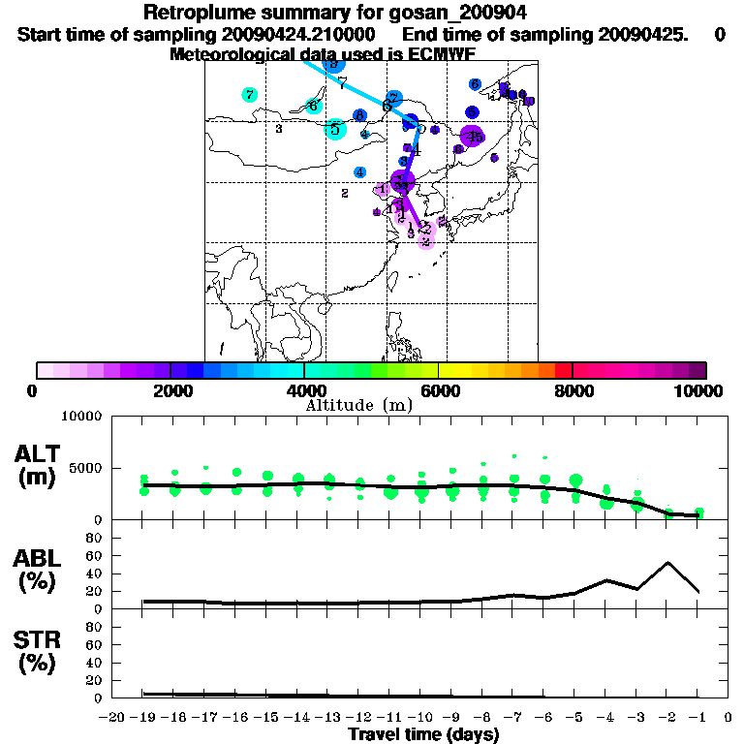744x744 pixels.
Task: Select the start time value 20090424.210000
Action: pos(300,34)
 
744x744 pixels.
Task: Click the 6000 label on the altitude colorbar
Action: pos(439,391)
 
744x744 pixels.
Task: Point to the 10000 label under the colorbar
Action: pos(700,391)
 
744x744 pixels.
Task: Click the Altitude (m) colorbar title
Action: pos(359,404)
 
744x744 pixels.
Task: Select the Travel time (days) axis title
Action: pos(423,734)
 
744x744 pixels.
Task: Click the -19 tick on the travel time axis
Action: pos(144,717)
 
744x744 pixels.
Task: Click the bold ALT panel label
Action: pos(38,454)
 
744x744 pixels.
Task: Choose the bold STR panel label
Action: pos(38,640)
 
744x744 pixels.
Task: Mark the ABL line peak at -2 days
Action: pos(667,562)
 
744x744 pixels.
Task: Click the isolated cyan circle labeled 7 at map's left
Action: pos(250,95)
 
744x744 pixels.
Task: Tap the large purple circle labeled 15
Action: pos(472,137)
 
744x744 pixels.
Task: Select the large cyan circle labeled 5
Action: pos(335,129)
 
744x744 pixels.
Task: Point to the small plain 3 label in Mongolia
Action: pos(278,129)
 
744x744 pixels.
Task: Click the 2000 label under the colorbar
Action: pos(170,391)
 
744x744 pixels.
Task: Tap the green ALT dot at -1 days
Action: pos(698,511)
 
